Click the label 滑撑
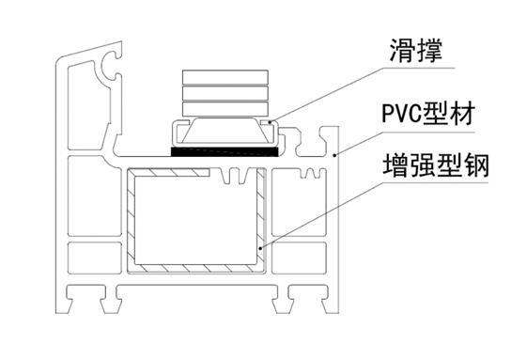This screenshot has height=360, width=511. coord(416,51)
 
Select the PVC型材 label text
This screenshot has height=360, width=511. coord(428,114)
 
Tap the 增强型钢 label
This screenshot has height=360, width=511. coord(436,165)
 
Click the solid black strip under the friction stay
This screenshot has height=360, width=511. coord(225,151)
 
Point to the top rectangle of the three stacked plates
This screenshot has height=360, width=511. coord(225,77)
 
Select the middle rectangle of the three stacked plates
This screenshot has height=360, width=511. coord(225,93)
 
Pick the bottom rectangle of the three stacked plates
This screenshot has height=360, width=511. coord(225,109)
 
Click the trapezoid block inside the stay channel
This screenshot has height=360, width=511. coord(225,130)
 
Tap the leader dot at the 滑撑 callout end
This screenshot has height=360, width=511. coord(270,122)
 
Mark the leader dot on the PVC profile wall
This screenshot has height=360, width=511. coord(334,155)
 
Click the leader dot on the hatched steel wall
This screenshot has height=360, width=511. coord(260,249)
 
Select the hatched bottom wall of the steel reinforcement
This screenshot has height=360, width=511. coord(196,269)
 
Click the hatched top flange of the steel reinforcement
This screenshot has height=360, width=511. coord(168,173)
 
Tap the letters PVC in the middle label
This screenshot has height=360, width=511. coord(401,114)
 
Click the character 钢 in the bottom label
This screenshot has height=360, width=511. coord(476,165)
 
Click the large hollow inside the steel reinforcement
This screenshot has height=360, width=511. coord(196,220)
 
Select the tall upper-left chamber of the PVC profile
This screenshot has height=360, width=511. coord(89,105)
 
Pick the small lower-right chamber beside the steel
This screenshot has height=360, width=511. coord(299,258)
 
